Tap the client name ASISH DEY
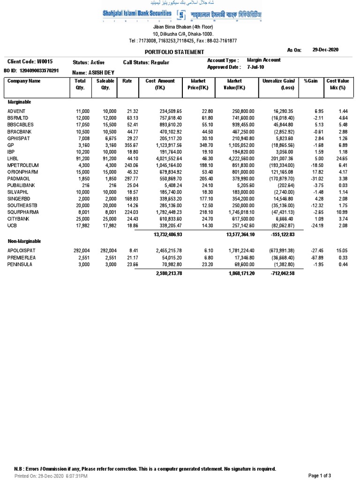(102, 73)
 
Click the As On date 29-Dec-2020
(325, 50)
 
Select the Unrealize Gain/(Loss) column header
(281, 84)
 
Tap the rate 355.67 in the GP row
(125, 146)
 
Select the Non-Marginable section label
(24, 241)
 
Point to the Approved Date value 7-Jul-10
(256, 67)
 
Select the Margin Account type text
(264, 60)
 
